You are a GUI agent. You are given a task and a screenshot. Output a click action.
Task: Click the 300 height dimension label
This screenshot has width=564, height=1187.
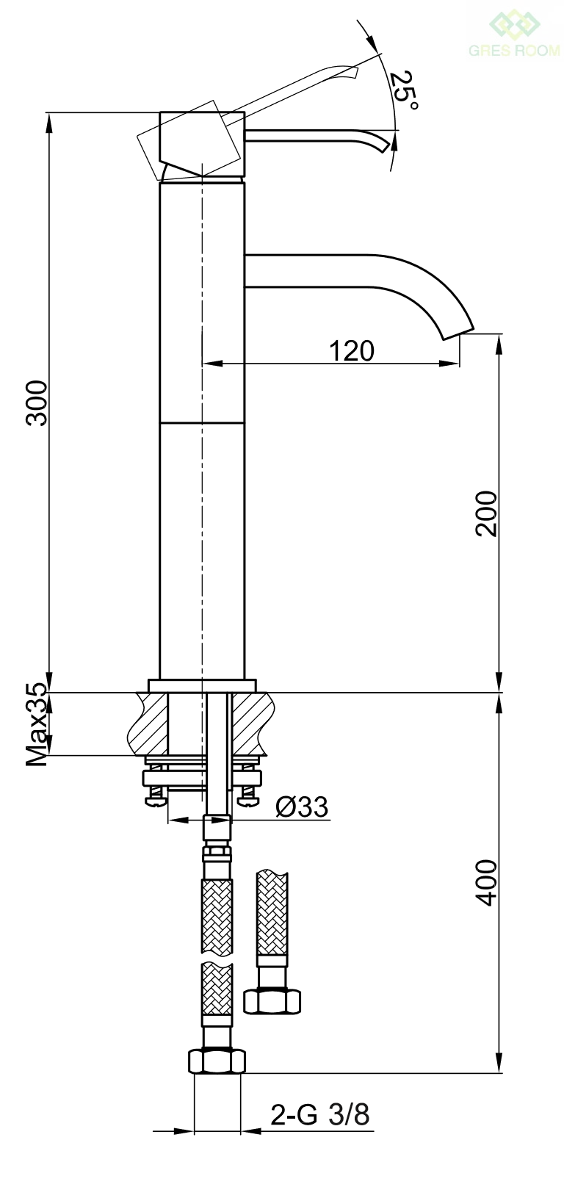37,403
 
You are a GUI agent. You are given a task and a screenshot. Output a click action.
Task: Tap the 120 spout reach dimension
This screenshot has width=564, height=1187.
352,351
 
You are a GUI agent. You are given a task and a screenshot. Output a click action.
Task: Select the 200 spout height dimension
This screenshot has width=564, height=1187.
486,513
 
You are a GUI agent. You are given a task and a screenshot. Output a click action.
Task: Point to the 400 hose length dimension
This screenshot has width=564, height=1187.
486,882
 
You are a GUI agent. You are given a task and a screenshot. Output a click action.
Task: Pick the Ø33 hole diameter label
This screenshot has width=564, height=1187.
302,807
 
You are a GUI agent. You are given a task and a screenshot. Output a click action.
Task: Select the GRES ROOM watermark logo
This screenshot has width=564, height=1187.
514,35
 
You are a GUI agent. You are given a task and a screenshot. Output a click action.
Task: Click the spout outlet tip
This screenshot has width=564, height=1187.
458,334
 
